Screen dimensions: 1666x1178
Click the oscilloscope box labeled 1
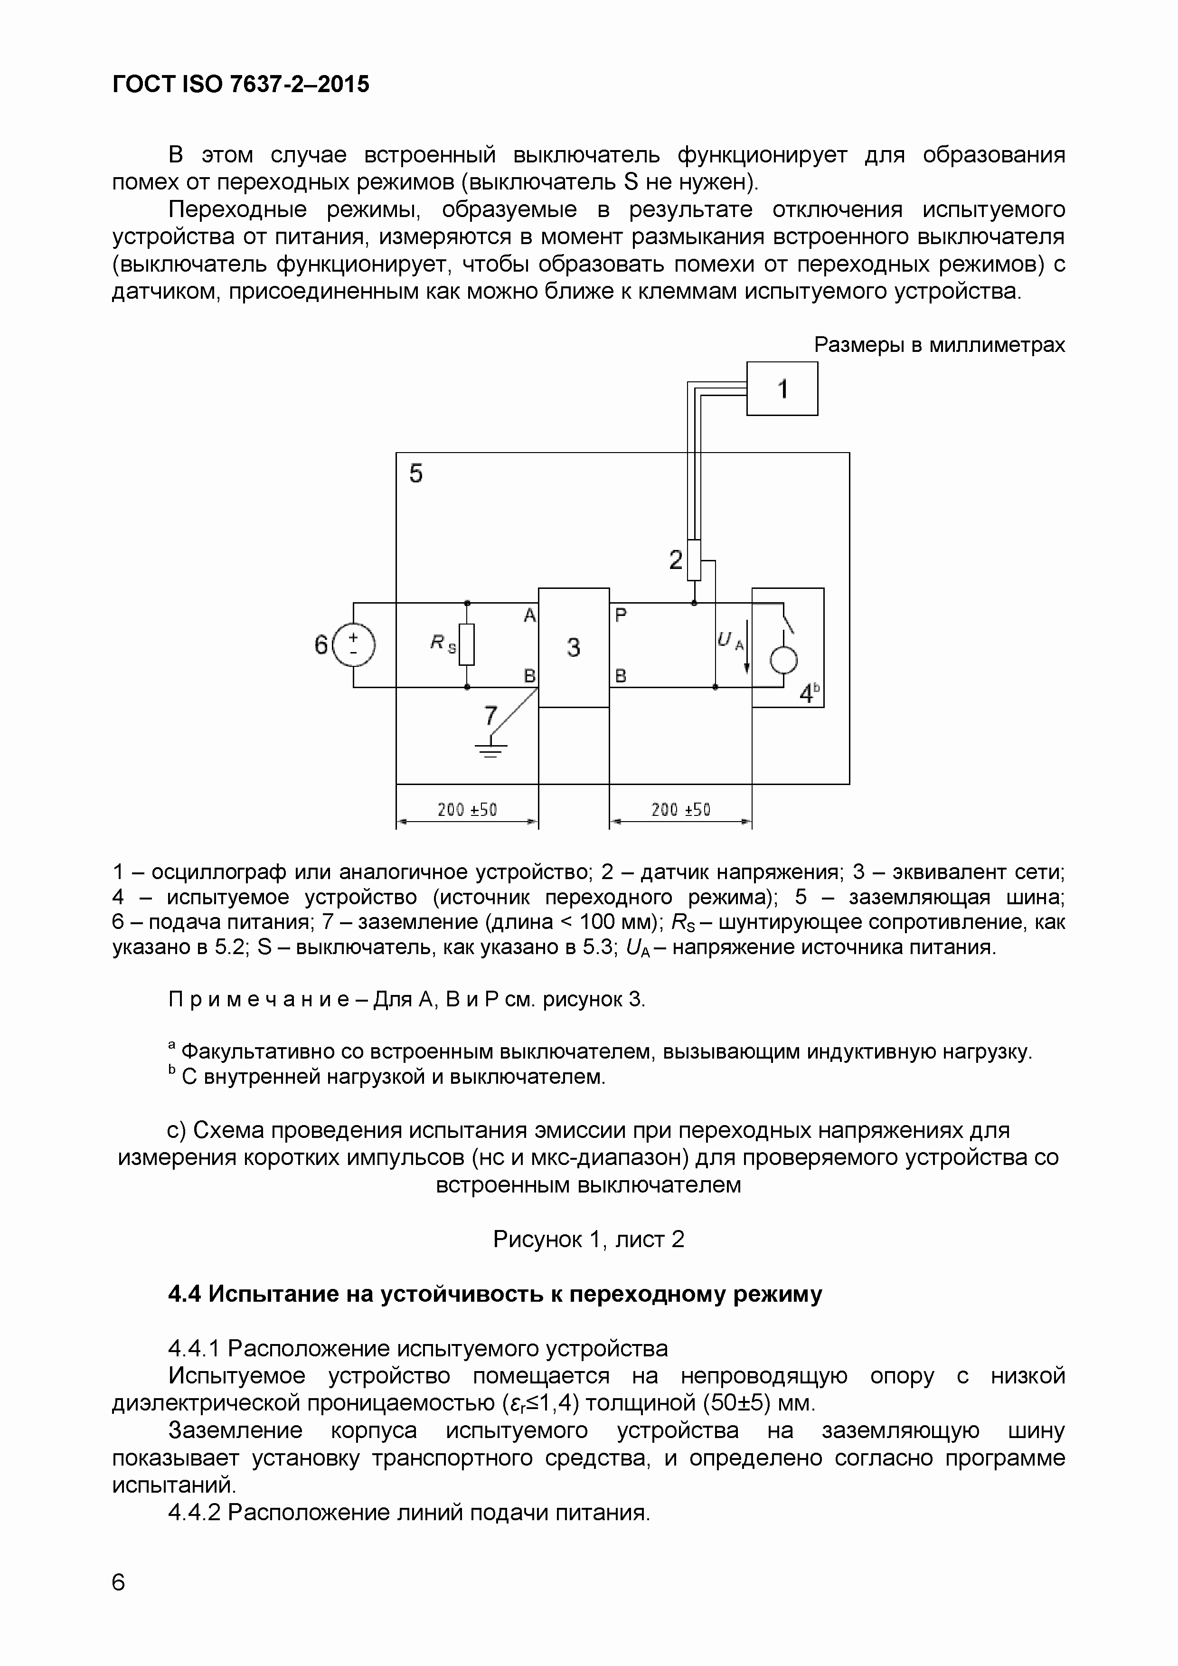pyautogui.click(x=782, y=389)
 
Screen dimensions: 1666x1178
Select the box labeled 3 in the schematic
pyautogui.click(x=573, y=646)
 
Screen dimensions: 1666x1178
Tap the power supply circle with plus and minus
pyautogui.click(x=353, y=645)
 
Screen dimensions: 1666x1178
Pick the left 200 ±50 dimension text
pyautogui.click(x=467, y=810)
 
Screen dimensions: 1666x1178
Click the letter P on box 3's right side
pyautogui.click(x=621, y=615)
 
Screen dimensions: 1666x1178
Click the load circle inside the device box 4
pyautogui.click(x=783, y=660)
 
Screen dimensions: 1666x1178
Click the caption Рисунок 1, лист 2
pyautogui.click(x=588, y=1239)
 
